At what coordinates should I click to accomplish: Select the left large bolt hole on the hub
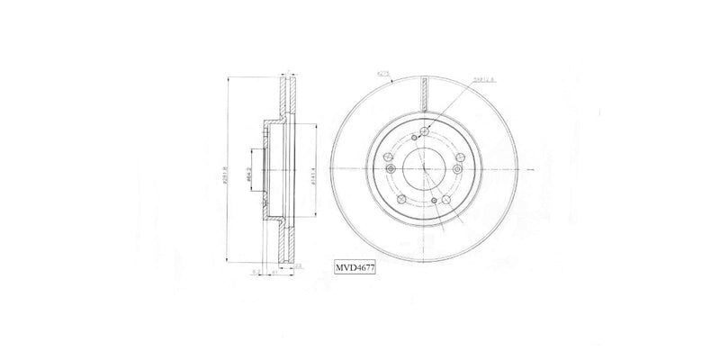(389, 169)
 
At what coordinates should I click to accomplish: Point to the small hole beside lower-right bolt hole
(434, 200)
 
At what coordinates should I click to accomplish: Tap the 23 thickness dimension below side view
(298, 266)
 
